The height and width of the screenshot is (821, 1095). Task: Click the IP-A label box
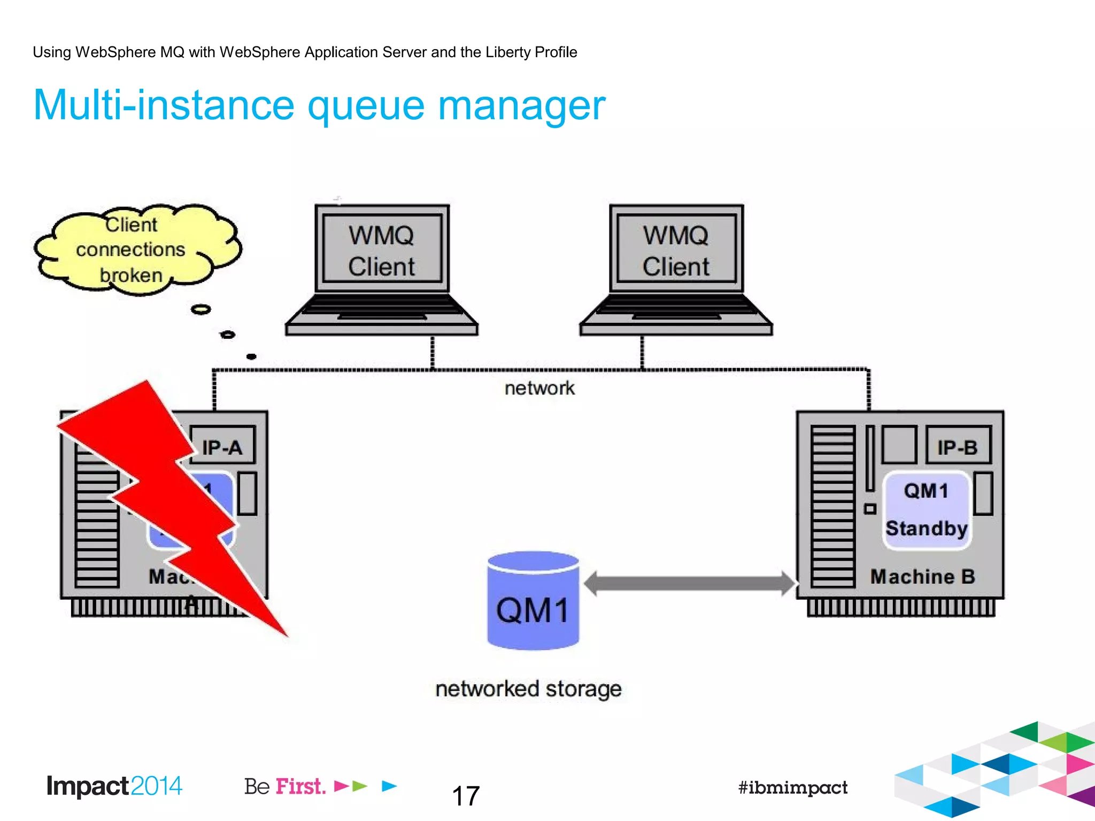(222, 446)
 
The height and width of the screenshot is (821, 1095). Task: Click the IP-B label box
(958, 446)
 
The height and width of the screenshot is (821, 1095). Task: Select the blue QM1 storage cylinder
(533, 601)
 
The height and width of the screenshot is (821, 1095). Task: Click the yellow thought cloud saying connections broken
(131, 250)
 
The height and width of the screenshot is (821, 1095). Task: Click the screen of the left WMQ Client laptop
(382, 250)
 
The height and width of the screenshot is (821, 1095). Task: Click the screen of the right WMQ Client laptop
(676, 250)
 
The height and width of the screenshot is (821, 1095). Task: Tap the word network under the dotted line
(539, 388)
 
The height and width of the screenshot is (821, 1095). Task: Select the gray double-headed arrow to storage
(690, 583)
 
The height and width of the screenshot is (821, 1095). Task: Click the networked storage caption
(528, 688)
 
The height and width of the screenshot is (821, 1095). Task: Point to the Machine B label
(922, 576)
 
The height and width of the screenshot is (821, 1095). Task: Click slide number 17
(466, 796)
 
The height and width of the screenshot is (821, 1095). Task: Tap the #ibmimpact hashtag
(792, 787)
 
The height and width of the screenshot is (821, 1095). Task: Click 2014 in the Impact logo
(156, 786)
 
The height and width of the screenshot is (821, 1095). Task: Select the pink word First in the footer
(300, 786)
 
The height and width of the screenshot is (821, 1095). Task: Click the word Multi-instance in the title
(163, 105)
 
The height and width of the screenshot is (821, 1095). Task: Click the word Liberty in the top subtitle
(507, 52)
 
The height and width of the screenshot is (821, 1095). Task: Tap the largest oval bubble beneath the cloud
(201, 309)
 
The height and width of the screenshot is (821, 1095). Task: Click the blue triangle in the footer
(389, 786)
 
